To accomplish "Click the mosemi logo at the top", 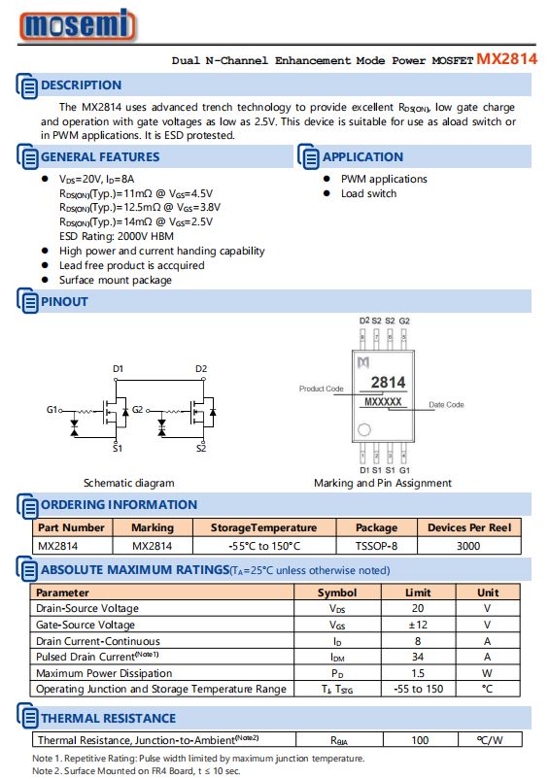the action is click(77, 24).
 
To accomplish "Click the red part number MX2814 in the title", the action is click(507, 59).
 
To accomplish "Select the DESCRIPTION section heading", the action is click(81, 85).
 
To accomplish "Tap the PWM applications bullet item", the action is click(384, 179).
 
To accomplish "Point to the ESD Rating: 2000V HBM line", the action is click(117, 236).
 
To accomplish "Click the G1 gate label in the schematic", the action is click(52, 409).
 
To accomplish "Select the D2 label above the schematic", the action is click(201, 369).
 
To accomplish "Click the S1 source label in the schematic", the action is click(118, 448).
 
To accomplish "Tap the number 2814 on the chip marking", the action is click(388, 382).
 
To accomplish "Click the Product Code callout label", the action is click(321, 389).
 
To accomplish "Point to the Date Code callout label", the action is click(446, 404).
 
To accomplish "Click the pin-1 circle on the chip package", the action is click(364, 429).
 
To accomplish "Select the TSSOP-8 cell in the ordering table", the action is click(376, 546).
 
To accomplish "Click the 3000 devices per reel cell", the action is click(468, 546).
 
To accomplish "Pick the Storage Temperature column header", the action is click(263, 527).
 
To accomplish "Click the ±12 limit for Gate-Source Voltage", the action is click(418, 625).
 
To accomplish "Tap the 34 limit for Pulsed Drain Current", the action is click(418, 657).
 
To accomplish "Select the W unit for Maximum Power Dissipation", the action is click(487, 673).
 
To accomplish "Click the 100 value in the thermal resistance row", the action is click(420, 740).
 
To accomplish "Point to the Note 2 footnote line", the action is click(136, 771).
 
